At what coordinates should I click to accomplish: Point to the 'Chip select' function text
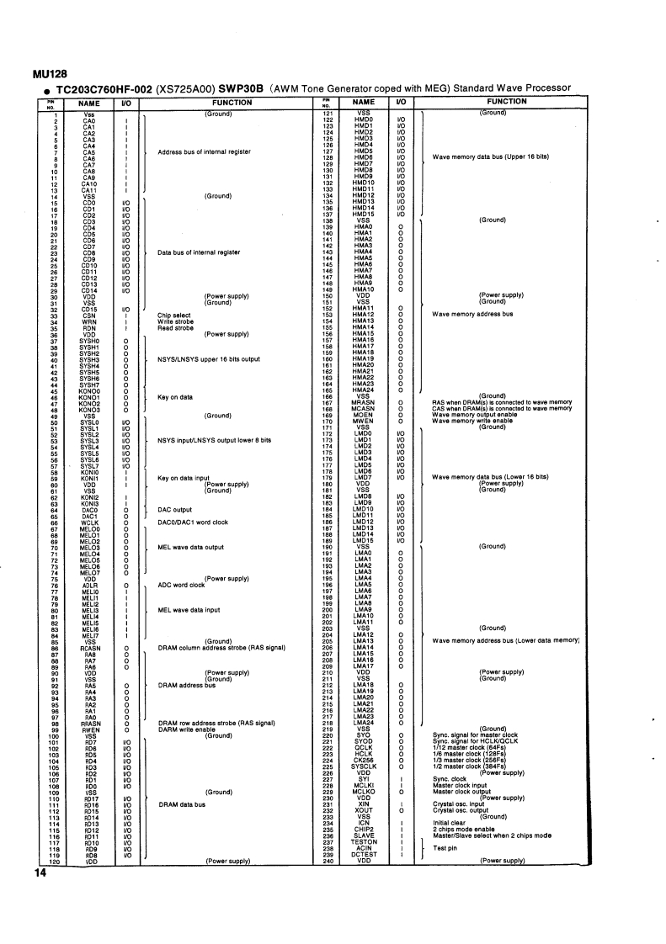pos(174,315)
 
